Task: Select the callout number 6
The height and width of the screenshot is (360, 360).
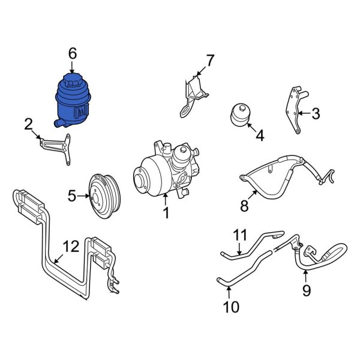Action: (x=73, y=54)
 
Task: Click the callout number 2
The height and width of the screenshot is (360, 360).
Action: (x=28, y=124)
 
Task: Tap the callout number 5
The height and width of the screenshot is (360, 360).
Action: (x=71, y=195)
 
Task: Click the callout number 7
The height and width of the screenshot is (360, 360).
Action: (x=210, y=61)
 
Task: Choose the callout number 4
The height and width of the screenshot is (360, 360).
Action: (x=260, y=136)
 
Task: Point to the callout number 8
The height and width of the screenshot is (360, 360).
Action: (x=244, y=206)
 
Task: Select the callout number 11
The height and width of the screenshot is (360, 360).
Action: (x=240, y=235)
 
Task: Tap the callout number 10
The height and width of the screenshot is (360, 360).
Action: (x=231, y=307)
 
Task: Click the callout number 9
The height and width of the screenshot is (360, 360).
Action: (x=305, y=292)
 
